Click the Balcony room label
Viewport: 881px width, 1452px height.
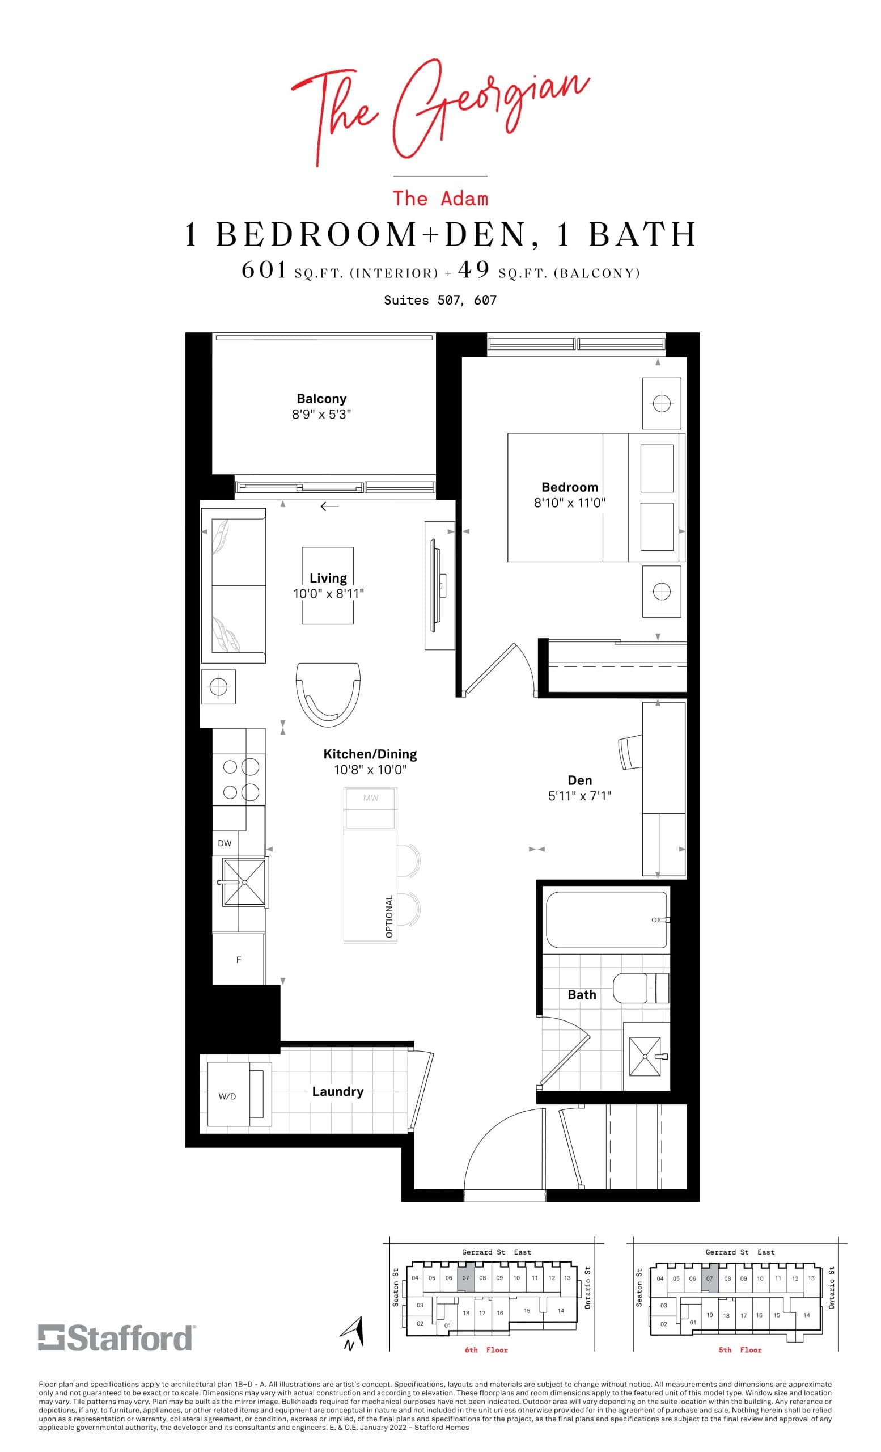click(x=321, y=399)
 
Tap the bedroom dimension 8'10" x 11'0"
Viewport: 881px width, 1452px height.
click(x=569, y=503)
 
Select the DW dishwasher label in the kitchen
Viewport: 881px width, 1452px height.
click(x=225, y=843)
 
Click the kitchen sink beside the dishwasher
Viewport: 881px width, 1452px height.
click(x=243, y=882)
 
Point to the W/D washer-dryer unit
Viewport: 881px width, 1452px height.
click(x=239, y=1096)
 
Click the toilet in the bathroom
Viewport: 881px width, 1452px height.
click(x=641, y=988)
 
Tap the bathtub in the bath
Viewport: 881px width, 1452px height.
click(x=607, y=920)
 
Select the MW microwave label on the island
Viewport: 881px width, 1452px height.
click(x=370, y=798)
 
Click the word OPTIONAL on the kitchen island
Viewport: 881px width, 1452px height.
click(x=389, y=917)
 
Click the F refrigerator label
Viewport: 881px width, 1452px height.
click(x=239, y=960)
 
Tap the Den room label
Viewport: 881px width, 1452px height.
click(x=579, y=780)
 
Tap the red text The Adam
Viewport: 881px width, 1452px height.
click(x=440, y=199)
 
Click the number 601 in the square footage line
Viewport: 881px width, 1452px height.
click(x=264, y=271)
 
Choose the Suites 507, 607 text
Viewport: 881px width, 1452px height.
click(x=440, y=300)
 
